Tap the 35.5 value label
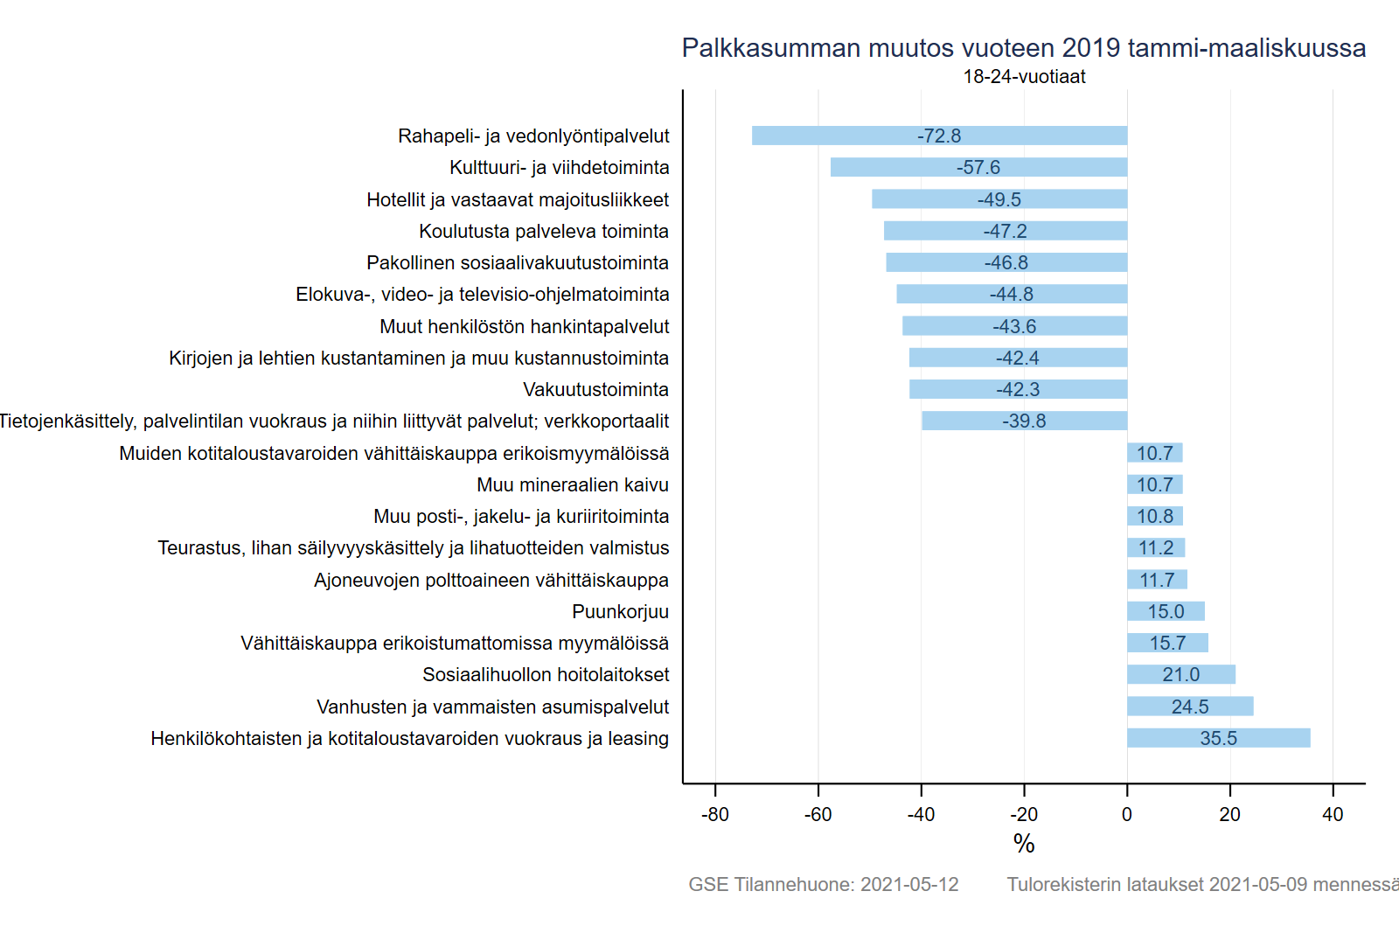(x=1218, y=738)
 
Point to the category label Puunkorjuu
(x=620, y=611)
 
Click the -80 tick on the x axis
(x=715, y=814)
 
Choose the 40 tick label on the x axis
(x=1333, y=814)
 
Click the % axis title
(x=1024, y=844)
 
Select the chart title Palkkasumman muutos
(x=1023, y=48)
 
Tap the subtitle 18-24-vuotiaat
(x=1024, y=77)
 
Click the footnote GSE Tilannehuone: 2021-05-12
(x=823, y=884)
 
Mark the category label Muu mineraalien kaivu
(x=573, y=484)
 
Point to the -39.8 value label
(x=1024, y=421)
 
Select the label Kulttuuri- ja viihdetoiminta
(x=560, y=167)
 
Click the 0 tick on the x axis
(x=1127, y=814)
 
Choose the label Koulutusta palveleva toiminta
(x=544, y=231)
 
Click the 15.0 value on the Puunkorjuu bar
(x=1166, y=611)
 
